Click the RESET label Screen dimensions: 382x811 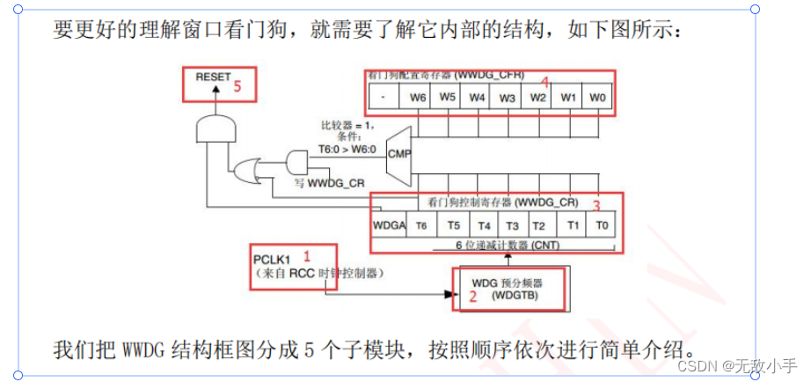pos(213,77)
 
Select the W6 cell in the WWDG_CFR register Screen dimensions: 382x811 pos(418,96)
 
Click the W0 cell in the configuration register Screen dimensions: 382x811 pos(596,96)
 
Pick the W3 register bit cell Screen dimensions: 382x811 pos(507,96)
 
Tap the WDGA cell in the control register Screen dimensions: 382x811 pos(388,225)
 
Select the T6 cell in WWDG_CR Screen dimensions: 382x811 pos(421,225)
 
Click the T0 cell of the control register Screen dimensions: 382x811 pos(601,225)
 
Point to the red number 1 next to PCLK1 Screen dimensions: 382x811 pos(307,256)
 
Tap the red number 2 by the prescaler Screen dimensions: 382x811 pos(472,297)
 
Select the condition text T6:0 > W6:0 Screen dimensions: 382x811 pos(347,149)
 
